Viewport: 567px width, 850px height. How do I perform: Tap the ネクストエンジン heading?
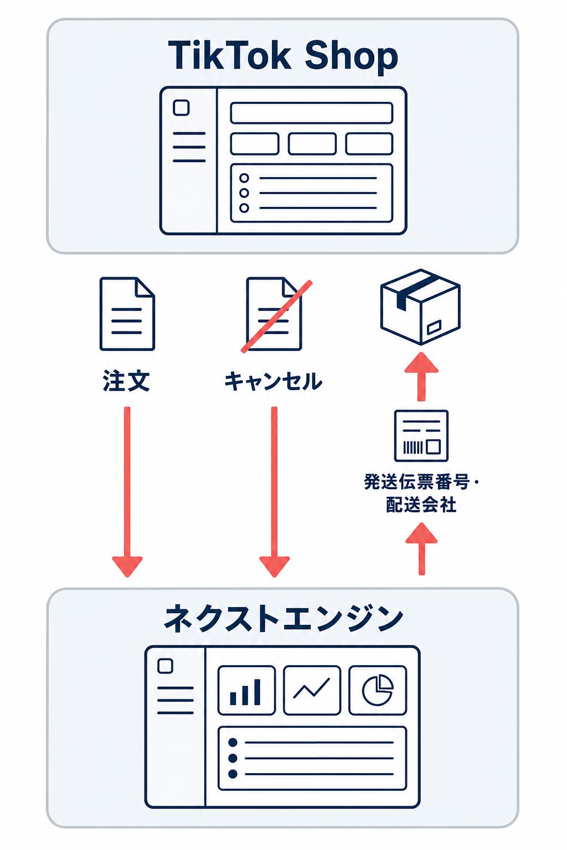tap(283, 619)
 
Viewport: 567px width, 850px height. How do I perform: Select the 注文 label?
tap(126, 381)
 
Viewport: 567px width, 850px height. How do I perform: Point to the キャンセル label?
tap(274, 381)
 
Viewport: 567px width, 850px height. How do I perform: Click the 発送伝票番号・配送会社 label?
tap(421, 493)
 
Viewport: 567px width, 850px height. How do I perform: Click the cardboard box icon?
tap(420, 307)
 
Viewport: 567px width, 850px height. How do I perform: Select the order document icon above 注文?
tap(127, 314)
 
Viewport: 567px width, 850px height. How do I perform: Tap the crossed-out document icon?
tap(275, 315)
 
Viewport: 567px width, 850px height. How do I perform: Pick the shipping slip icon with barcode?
tap(421, 436)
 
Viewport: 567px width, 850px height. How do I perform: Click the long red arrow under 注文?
tap(127, 492)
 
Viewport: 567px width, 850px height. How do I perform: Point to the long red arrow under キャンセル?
tap(274, 492)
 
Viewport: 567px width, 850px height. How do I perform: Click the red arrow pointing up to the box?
tap(421, 376)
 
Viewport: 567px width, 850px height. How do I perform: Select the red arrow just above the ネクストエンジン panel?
tap(421, 548)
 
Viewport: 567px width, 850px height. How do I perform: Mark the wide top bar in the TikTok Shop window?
tap(311, 113)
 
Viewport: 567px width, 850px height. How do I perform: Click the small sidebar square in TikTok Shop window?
tap(181, 107)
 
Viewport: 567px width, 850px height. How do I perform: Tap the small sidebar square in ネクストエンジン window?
tap(165, 666)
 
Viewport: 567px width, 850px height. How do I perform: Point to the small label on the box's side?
tap(434, 326)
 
